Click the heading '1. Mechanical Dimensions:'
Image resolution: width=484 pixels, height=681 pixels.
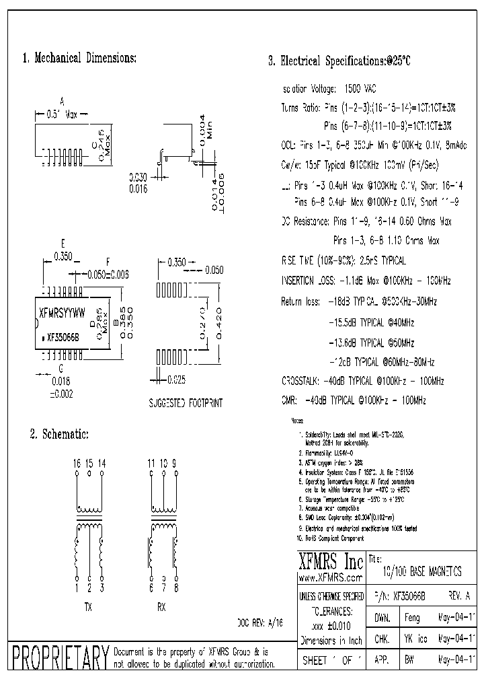(79, 59)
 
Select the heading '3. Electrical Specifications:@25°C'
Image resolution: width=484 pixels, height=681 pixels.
(339, 61)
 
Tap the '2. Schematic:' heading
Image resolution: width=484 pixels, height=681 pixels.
(59, 435)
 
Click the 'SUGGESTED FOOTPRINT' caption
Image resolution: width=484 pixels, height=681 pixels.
(185, 403)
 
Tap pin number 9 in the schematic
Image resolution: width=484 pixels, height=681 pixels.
(175, 464)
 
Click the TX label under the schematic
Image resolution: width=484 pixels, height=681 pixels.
(88, 606)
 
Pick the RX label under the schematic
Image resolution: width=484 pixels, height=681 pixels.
(161, 606)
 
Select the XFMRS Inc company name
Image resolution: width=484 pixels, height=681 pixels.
(330, 562)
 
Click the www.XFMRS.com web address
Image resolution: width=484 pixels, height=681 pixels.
(327, 578)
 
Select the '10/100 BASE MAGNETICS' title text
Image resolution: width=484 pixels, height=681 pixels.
(421, 573)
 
